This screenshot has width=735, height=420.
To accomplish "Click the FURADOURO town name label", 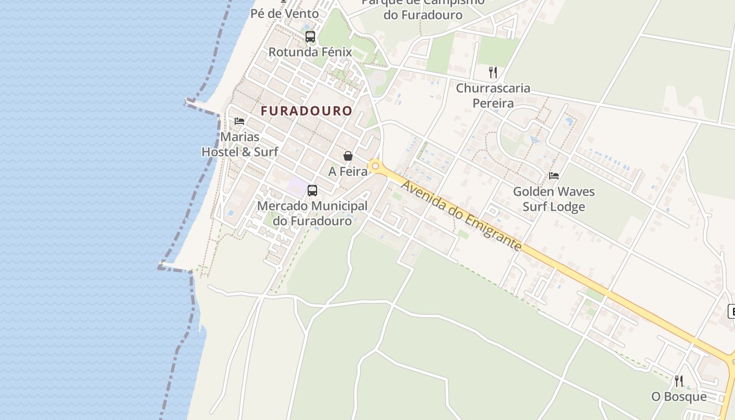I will [306, 111].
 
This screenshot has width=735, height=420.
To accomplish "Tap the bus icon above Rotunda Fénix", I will [310, 37].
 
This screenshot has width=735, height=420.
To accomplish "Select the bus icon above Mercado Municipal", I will [312, 190].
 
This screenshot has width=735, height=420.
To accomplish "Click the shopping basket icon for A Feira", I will [348, 156].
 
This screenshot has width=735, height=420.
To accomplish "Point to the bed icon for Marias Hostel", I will [239, 121].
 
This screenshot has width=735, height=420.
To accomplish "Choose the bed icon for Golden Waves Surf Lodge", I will [554, 176].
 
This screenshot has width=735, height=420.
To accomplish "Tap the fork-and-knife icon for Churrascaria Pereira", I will [492, 72].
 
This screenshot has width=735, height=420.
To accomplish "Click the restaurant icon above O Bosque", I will [679, 381].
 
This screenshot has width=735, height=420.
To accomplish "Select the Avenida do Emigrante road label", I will [461, 215].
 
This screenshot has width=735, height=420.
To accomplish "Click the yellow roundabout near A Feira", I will [375, 166].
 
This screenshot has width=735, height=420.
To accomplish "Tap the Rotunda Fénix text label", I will [310, 52].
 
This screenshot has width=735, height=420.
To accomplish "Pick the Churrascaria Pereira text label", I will [493, 96].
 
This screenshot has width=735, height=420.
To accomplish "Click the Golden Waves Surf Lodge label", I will [554, 199].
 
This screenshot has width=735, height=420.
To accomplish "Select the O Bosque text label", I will [679, 396].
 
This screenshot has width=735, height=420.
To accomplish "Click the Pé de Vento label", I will [285, 14].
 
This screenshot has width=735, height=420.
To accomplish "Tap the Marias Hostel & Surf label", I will [240, 144].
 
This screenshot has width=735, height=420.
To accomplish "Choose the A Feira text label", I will [348, 172].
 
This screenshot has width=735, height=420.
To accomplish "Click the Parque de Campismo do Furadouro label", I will [423, 9].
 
